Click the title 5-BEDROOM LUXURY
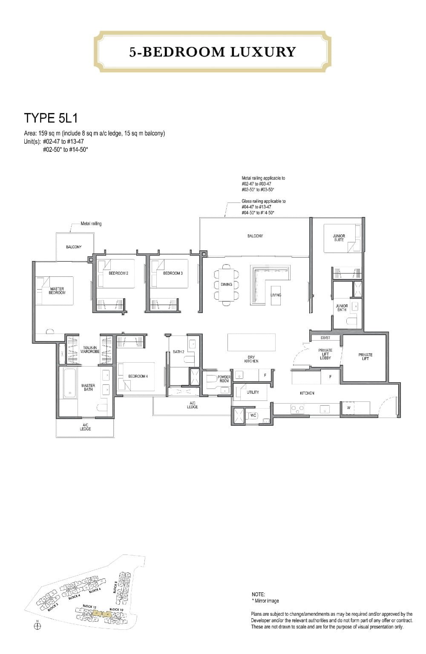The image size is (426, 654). coord(213,52)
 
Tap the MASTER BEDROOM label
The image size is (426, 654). coord(57,291)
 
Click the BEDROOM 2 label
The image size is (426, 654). coord(118,273)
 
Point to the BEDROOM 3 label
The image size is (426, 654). coord(173,273)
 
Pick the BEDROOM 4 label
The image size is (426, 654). coord(138,376)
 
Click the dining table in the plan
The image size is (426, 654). coord(226,284)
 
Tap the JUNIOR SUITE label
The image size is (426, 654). coord(339,238)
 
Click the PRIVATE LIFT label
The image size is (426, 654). coord(365,357)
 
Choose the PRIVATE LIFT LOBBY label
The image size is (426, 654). coord(325,354)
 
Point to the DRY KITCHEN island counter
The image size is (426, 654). coord(250,342)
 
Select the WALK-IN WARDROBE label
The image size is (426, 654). coord(89,350)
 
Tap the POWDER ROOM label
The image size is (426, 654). coord(224,379)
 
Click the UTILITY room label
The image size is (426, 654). coord(253,392)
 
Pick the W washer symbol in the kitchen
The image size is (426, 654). coord(348,408)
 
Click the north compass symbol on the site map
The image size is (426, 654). coord(37,625)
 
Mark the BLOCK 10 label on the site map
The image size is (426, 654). coord(116,609)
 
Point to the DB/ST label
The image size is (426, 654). coord(325,338)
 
